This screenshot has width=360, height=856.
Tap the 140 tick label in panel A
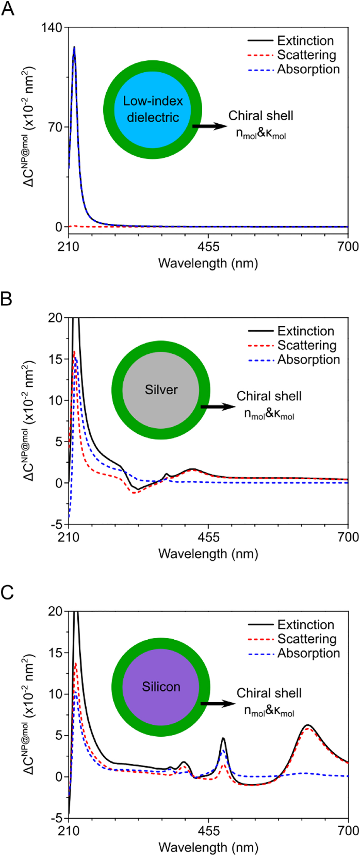[51, 27]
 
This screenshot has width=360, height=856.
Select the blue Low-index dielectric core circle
[153, 109]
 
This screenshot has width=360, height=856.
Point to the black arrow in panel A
[209, 126]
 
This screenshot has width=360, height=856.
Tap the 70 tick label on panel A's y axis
[55, 127]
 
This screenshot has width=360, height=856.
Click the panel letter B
[6, 299]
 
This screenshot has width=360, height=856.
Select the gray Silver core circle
[161, 390]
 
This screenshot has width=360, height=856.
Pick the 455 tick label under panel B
[208, 537]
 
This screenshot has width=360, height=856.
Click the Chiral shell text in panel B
[269, 396]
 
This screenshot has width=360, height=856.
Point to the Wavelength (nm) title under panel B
[208, 554]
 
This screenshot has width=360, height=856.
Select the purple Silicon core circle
[161, 687]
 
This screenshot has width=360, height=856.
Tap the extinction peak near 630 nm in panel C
[308, 725]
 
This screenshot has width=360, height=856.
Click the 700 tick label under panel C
[348, 830]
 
